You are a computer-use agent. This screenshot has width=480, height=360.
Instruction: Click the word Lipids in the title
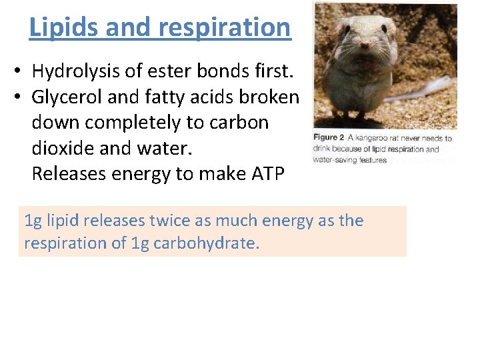(62, 27)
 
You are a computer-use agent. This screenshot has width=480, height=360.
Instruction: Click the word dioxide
(65, 148)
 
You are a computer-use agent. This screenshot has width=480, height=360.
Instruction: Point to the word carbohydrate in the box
(204, 243)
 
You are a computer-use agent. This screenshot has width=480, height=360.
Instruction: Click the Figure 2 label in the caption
(329, 138)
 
